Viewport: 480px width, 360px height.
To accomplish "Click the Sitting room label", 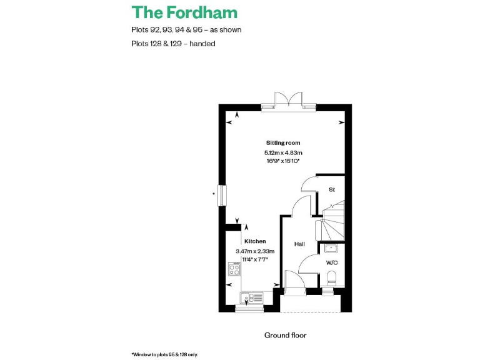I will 283,143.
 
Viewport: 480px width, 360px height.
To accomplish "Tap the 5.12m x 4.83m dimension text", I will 283,152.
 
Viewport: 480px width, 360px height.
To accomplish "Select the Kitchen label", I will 255,241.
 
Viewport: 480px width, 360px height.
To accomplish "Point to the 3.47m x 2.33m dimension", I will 255,251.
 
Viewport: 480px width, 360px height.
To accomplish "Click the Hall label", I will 299,244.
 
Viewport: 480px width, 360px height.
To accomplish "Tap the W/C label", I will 331,262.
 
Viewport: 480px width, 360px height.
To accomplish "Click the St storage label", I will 332,189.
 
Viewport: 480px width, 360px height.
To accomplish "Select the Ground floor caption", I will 285,336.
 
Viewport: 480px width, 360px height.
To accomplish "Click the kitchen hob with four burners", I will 234,269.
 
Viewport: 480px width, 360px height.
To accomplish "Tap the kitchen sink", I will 252,299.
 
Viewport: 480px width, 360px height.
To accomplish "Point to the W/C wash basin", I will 331,249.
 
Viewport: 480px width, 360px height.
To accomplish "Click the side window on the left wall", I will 222,194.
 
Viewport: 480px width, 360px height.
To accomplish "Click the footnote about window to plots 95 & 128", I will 164,354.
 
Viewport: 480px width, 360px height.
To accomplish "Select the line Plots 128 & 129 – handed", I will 173,44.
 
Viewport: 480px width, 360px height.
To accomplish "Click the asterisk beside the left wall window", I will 214,194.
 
